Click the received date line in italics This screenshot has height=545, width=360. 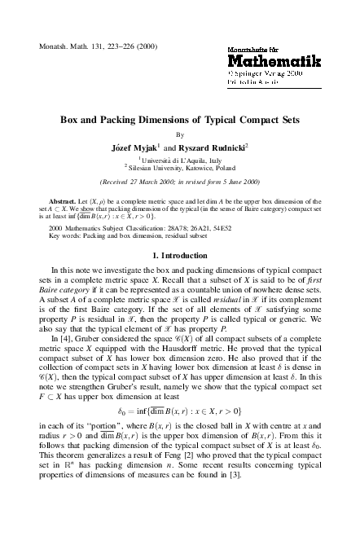click(x=180, y=182)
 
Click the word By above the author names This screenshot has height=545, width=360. click(x=180, y=135)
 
